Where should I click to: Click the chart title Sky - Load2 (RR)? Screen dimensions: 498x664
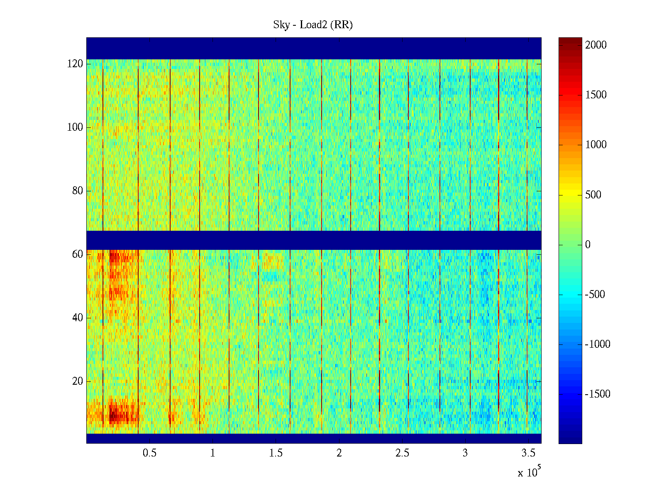coord(313,25)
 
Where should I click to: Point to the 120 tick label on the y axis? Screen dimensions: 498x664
coord(75,64)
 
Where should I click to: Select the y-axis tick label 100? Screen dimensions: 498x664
coord(75,127)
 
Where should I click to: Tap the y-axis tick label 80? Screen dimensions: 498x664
coord(78,191)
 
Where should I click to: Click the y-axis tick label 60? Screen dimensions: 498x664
coord(78,254)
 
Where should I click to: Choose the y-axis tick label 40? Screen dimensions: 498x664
coord(78,318)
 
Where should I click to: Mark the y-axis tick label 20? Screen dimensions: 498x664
coord(78,381)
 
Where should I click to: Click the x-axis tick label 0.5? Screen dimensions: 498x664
coord(149,453)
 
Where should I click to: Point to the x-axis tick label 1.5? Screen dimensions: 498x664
coord(276,453)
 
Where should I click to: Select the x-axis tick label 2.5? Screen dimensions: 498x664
coord(402,453)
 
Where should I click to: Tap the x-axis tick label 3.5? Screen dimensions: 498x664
coord(528,453)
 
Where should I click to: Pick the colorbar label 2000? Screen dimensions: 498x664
coord(596,45)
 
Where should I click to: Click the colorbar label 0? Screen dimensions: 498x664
coord(588,245)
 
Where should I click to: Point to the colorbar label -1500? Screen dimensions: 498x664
coord(598,394)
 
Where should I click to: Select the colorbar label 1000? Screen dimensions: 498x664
coord(596,145)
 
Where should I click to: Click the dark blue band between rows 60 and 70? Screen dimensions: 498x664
coord(314,240)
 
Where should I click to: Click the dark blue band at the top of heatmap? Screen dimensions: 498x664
coord(314,48)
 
